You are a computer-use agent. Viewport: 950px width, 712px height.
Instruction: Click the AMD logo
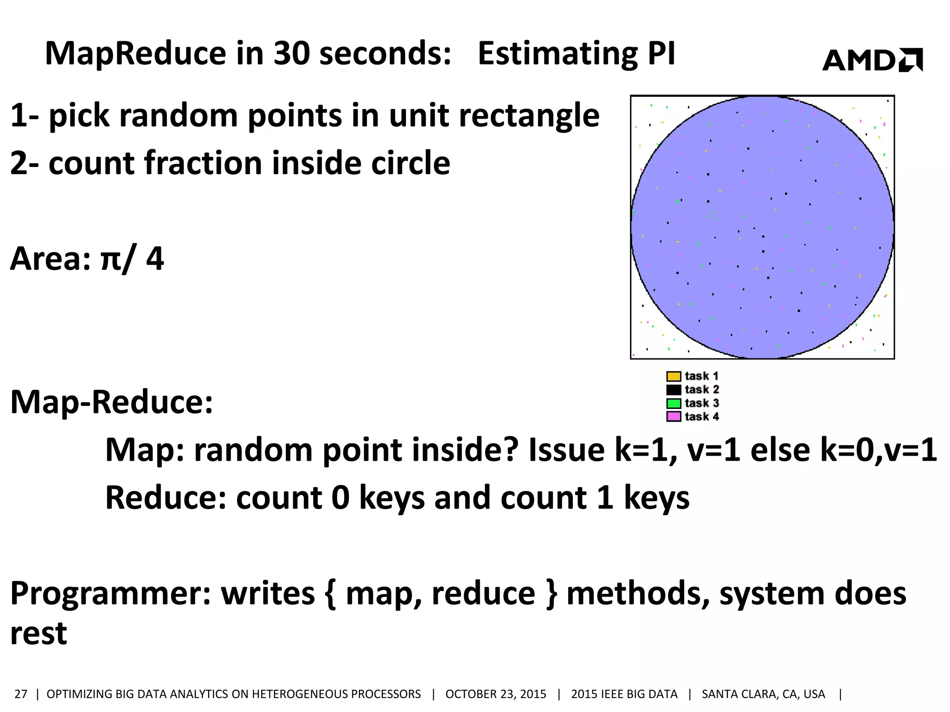[872, 60]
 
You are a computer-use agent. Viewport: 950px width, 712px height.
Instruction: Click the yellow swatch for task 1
[674, 376]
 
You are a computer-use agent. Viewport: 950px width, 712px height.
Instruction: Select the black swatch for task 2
[674, 390]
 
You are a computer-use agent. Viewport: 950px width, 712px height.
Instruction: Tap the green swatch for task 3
[674, 403]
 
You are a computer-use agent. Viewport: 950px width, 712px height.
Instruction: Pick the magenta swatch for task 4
[674, 417]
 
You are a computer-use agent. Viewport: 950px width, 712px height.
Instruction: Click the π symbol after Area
[110, 260]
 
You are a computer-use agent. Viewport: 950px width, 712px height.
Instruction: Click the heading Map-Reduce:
[112, 402]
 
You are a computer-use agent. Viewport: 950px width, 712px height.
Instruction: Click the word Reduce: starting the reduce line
[166, 498]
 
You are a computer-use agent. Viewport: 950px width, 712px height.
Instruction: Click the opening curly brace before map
[330, 594]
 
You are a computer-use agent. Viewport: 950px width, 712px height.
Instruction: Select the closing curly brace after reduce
[551, 594]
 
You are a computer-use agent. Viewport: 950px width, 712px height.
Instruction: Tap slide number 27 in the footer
[21, 694]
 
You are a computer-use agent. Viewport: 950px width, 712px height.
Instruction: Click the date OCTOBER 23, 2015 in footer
[495, 694]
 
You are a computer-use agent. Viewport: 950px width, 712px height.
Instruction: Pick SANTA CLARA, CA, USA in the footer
[763, 694]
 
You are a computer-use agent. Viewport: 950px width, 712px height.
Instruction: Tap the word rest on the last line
[39, 634]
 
